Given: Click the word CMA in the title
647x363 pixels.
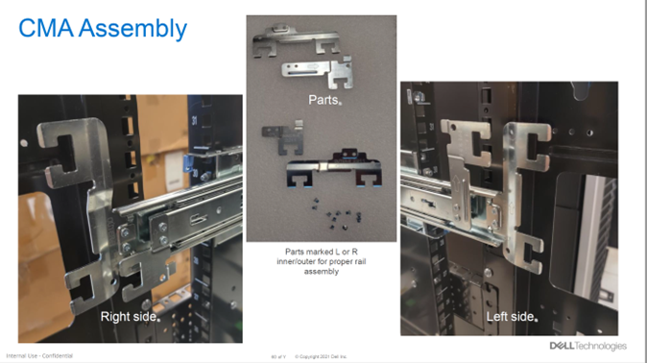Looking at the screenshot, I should [46, 29].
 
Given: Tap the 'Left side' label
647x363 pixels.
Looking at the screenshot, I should [508, 316].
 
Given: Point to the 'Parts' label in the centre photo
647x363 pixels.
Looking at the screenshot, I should [323, 99].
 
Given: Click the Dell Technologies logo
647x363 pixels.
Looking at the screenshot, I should [587, 346].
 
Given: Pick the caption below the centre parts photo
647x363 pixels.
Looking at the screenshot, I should [322, 262].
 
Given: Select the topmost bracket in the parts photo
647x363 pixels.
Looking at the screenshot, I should [299, 40].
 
